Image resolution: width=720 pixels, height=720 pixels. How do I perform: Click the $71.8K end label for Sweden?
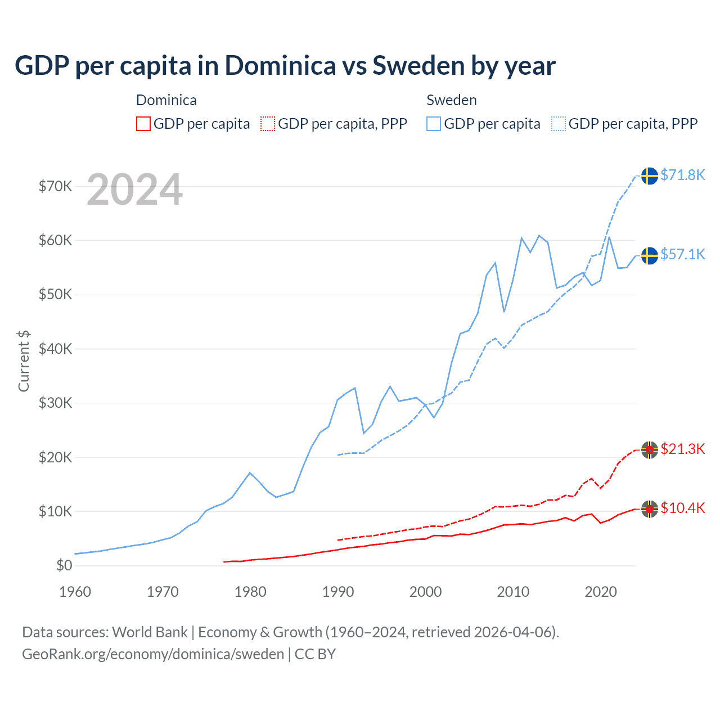tap(682, 175)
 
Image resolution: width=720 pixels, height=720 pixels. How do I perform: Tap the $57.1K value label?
tap(682, 254)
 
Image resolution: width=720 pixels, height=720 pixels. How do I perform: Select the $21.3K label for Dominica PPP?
tap(682, 449)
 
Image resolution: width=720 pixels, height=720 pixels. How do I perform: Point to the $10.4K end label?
tap(682, 508)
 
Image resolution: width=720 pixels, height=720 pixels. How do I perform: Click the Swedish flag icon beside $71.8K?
tap(650, 175)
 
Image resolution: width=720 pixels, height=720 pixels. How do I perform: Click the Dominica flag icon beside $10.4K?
tap(650, 509)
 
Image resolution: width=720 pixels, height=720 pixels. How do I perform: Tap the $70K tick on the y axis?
tap(55, 186)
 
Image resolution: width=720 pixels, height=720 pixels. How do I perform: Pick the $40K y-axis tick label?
tap(55, 349)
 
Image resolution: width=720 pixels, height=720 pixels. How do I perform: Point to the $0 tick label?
tap(64, 565)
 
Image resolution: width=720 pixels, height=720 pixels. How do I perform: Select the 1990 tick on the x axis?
tap(338, 592)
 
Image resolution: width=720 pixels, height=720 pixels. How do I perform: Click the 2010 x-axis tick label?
tap(513, 592)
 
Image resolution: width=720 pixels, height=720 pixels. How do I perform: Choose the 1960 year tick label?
tap(75, 592)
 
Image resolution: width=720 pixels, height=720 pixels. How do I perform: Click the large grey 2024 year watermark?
tap(135, 190)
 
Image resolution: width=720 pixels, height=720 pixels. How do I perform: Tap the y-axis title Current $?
tap(24, 361)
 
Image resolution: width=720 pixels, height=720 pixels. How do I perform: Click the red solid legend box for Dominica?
tap(143, 124)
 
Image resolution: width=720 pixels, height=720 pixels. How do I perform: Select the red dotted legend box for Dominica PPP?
tap(268, 124)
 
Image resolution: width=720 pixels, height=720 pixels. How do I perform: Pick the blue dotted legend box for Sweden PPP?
tap(559, 124)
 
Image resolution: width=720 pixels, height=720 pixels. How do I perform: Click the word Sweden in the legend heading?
tap(451, 100)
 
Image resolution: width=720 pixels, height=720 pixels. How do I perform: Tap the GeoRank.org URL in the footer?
tap(153, 654)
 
